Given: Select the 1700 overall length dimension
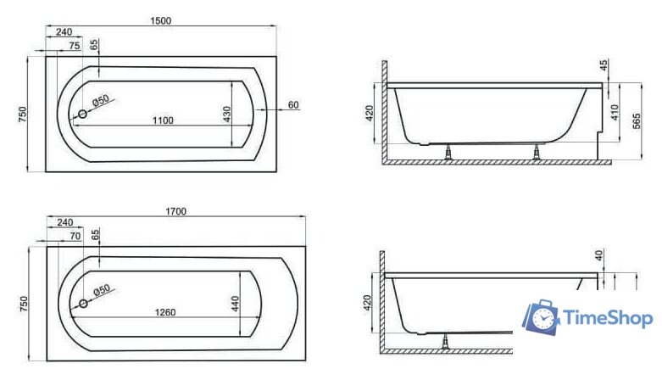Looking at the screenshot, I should pos(175,211).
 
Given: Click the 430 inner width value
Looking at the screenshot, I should pos(226,115).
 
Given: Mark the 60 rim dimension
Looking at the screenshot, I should pos(293,105).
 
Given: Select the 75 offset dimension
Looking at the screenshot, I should pos(75,46).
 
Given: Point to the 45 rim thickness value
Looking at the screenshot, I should pos(604,65).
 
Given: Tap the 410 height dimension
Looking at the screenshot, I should pos(615,113).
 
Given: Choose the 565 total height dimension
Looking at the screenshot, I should pos(637,120).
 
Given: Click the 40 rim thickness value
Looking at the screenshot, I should pos(599,255).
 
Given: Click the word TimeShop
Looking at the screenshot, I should pos(608,319).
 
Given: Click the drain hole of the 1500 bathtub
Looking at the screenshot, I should pos(83,114).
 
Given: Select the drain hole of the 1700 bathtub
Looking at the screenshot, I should pos(83,304).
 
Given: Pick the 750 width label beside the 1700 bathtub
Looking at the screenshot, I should pos(24,304).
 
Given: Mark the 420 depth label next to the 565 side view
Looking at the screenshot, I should pos(369,113).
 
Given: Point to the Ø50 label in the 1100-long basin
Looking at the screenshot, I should pos(101,101).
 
